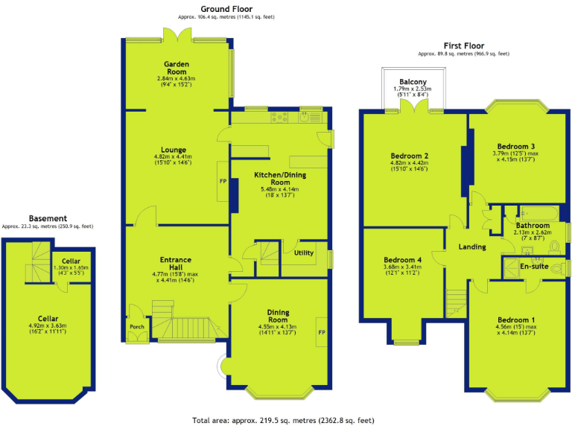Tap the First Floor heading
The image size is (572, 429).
point(464,45)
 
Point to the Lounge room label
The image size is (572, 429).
point(176,150)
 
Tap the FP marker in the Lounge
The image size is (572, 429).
point(222,181)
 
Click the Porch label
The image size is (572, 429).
point(137,325)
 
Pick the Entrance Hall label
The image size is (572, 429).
point(176,260)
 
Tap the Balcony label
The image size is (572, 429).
point(413,81)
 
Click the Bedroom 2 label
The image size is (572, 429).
point(408,156)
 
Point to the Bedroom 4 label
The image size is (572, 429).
point(402,260)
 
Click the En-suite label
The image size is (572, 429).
point(534,266)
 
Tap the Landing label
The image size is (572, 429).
point(472,247)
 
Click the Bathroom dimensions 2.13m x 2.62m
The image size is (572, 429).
point(532,232)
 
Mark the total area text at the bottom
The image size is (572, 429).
point(283,421)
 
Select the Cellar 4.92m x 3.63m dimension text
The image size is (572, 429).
point(47,325)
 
